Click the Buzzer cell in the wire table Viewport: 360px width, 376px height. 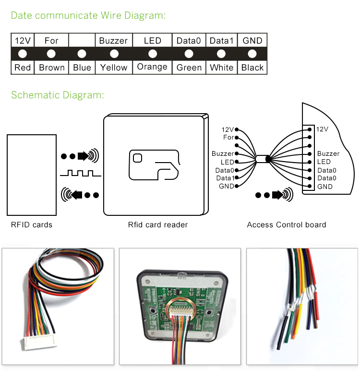pos(114,41)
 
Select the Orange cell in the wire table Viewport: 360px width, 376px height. pos(152,67)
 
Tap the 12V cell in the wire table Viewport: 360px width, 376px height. pos(23,41)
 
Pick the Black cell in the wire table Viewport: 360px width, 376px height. pos(252,68)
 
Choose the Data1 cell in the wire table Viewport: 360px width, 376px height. pos(221,41)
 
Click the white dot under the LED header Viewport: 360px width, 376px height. pos(153,54)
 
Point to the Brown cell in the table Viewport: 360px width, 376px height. pos(51,68)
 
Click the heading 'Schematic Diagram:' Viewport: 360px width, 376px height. pos(58,95)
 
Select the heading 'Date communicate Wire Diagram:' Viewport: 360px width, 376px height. pos(88,15)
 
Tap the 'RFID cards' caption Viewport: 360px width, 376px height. pos(32,224)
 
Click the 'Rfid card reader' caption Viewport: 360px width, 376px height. pos(158,224)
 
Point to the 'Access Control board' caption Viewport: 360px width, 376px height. pos(286,224)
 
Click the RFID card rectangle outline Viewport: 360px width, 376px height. pos(32,175)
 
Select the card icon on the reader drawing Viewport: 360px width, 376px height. pos(154,165)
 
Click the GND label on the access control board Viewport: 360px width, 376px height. pos(325,187)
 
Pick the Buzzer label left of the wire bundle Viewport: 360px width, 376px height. pos(223,154)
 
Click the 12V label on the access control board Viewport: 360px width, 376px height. pos(323,129)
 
